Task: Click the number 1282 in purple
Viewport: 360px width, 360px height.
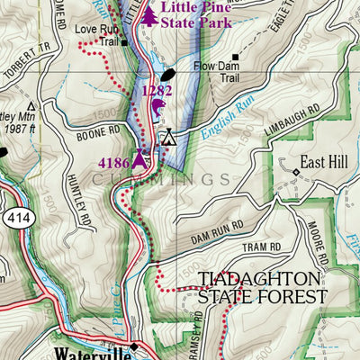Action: (x=157, y=91)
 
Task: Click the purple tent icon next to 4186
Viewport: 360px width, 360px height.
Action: (x=139, y=160)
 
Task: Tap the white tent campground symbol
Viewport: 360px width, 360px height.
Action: (x=167, y=137)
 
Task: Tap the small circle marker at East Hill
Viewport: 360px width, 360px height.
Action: (x=296, y=171)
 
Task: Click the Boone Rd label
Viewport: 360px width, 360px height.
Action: (x=99, y=129)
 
